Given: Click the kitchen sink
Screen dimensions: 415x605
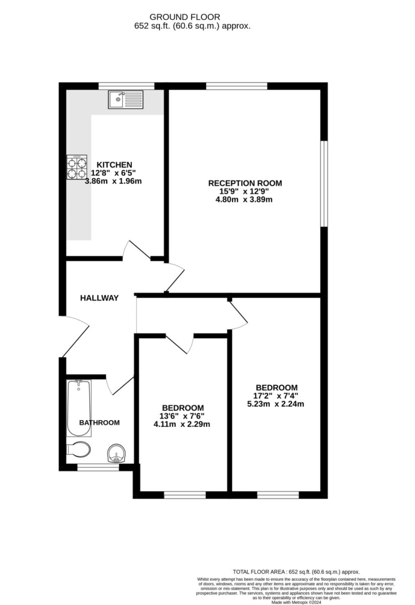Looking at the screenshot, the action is tap(126, 99).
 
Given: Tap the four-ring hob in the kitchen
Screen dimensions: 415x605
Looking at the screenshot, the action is tap(77, 167).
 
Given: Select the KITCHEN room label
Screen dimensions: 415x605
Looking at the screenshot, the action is tap(114, 165).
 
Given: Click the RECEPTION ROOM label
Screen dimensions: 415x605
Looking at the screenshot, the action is tap(245, 183).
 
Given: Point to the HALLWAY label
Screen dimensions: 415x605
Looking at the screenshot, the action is tap(99, 298).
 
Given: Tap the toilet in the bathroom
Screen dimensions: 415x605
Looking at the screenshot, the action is tap(79, 449).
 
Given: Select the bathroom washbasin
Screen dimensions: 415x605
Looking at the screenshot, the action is tap(116, 453).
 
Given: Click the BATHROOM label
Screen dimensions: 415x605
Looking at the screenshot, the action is tap(99, 422).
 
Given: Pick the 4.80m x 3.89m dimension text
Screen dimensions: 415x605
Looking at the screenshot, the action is tap(244, 200).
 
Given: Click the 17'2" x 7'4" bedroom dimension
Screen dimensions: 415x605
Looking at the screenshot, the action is tap(275, 396).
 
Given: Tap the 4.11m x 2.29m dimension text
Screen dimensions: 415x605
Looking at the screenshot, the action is tap(182, 425).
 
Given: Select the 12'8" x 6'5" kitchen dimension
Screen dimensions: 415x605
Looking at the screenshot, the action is tap(113, 173).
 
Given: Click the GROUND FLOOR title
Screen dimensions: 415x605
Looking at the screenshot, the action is tap(185, 17).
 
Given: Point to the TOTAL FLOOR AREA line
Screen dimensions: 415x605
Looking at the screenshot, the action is tap(296, 572).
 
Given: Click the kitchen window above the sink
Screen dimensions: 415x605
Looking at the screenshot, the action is tap(126, 86).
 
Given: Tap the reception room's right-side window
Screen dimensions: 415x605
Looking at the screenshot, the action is tap(324, 184).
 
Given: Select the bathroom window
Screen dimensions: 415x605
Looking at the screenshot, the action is tap(98, 467).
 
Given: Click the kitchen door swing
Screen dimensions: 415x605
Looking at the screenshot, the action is tap(136, 250).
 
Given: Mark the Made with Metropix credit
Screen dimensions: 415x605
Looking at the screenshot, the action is tap(296, 602).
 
